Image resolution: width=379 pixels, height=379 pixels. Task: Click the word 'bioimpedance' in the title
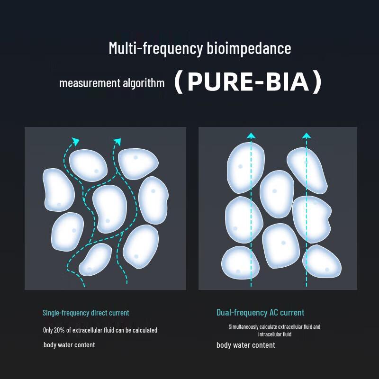click(x=249, y=48)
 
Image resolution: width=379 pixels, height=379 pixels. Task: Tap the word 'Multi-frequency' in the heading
click(x=156, y=49)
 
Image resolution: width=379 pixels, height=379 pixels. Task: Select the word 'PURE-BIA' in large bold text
click(x=248, y=81)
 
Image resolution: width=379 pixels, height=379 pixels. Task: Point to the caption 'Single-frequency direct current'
click(x=86, y=313)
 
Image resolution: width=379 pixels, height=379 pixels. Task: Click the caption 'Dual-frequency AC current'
click(x=260, y=313)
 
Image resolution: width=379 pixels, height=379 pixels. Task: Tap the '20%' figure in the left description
click(x=59, y=330)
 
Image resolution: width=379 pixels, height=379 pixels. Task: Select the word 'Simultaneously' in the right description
click(x=244, y=327)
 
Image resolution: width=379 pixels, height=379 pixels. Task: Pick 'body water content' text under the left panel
click(x=69, y=345)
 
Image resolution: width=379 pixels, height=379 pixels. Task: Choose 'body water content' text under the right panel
click(x=246, y=345)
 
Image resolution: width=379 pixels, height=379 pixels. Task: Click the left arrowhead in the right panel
click(x=251, y=135)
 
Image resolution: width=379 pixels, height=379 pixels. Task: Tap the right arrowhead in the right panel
click(x=307, y=135)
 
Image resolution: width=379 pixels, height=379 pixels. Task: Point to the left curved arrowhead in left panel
click(x=76, y=141)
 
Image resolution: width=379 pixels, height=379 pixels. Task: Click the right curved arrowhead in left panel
click(x=117, y=142)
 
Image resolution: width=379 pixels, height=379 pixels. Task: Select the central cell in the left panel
click(x=110, y=208)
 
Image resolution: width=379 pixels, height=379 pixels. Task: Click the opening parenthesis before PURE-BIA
click(x=179, y=81)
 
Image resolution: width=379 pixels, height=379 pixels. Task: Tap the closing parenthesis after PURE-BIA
click(x=316, y=81)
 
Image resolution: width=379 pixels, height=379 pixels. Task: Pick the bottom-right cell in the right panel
click(x=322, y=261)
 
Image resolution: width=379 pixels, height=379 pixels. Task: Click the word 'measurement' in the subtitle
click(x=90, y=83)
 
